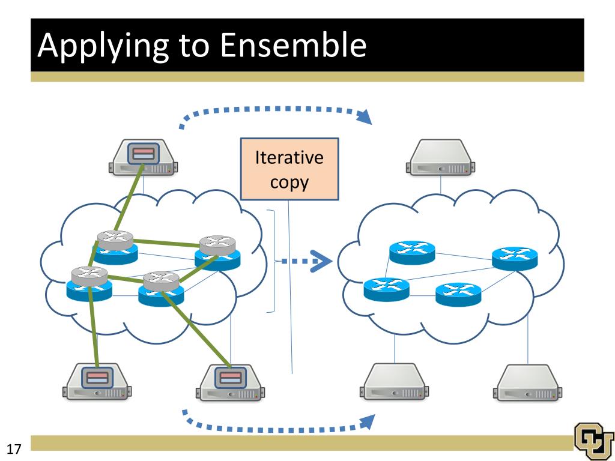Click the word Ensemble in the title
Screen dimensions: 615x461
tap(293, 44)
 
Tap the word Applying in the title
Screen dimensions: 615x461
tap(103, 46)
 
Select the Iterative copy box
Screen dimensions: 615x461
tap(289, 169)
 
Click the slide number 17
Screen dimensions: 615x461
tap(14, 449)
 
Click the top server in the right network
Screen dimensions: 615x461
tap(440, 157)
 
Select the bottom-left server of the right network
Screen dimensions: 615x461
tap(394, 382)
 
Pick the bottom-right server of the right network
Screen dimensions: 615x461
tap(527, 382)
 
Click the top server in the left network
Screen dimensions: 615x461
tap(143, 157)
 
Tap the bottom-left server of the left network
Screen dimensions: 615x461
tap(97, 382)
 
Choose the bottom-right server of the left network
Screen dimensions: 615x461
tap(230, 382)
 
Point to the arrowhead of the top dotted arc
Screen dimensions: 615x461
tap(365, 117)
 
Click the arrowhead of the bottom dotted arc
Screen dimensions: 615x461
tap(367, 422)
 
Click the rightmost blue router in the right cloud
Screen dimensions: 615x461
tap(515, 258)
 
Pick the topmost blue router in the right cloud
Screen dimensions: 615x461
tap(412, 253)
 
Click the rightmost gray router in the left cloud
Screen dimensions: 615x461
tap(217, 246)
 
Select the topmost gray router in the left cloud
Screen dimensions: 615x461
tap(115, 240)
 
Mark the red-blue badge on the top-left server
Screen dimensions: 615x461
tap(144, 153)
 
